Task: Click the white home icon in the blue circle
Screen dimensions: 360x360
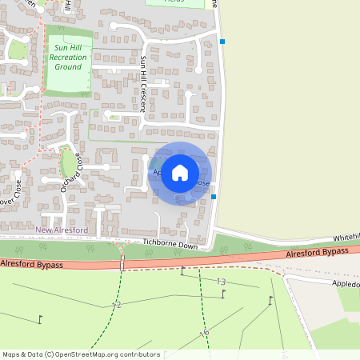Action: click(180, 173)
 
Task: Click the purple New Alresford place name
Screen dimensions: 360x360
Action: click(62, 230)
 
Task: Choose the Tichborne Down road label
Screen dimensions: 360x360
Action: click(170, 246)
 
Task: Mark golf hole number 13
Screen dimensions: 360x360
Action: click(221, 282)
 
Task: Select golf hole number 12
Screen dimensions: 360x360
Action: click(116, 306)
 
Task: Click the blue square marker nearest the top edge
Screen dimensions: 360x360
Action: click(223, 42)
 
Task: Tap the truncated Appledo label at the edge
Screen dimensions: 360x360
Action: click(346, 283)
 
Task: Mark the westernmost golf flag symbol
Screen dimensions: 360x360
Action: click(41, 319)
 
